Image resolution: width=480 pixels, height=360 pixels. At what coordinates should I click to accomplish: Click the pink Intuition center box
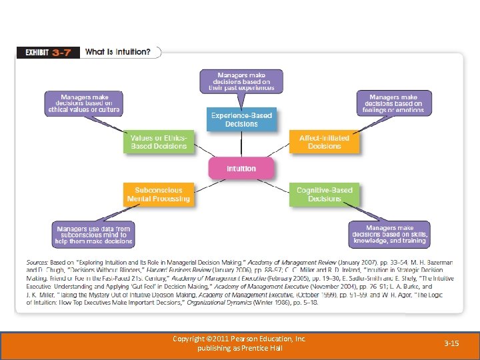pos(241,168)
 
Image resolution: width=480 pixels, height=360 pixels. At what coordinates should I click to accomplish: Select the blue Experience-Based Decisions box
pos(241,120)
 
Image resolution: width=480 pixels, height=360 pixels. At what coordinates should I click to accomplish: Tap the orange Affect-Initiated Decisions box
pos(324,142)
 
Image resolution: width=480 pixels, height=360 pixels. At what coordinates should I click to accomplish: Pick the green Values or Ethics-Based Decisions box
pos(159,142)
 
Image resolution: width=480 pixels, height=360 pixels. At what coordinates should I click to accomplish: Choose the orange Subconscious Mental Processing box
pos(159,194)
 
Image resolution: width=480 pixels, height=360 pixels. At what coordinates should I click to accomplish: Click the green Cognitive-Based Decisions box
pos(324,194)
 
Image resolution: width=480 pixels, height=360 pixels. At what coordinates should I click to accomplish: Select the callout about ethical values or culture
pos(85,103)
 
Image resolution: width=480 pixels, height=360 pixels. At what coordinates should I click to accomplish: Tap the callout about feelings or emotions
pos(393,103)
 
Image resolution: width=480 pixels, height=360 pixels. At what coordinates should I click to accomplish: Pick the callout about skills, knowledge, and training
pos(389,235)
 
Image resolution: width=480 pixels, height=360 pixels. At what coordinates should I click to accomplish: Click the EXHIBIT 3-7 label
pos(48,52)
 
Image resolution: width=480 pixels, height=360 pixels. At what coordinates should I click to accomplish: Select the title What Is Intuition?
pos(117,52)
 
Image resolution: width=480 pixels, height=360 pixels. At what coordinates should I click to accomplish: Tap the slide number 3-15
pos(451,343)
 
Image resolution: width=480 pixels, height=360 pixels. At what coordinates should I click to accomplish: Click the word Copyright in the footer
pos(187,339)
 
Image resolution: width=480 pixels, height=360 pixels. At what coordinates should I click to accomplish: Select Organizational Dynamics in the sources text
pos(219,303)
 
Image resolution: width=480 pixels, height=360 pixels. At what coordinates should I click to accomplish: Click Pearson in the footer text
pos(241,339)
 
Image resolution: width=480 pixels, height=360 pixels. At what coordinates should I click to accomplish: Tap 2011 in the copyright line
pos(218,339)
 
